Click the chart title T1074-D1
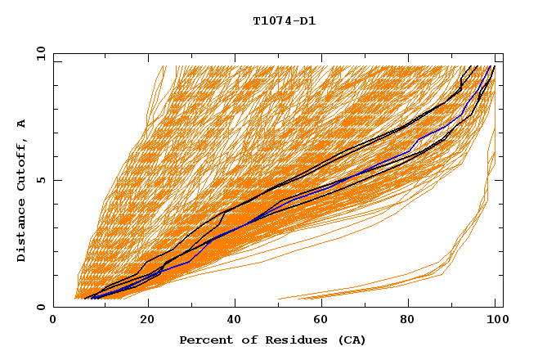pos(285,20)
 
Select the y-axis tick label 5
pos(44,180)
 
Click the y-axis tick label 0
pos(44,307)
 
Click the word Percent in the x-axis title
pos(204,340)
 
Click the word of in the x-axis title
pos(246,340)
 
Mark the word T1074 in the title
pos(271,20)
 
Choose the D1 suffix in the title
pos(308,20)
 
